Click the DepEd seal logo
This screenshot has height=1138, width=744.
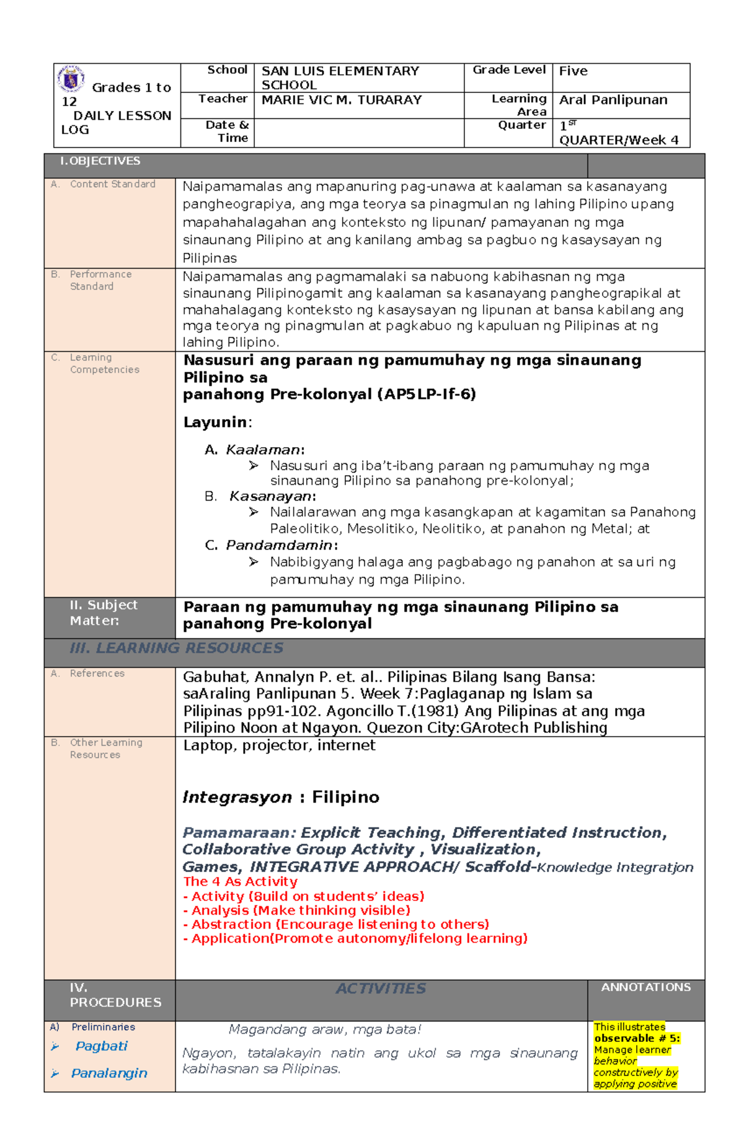click(71, 79)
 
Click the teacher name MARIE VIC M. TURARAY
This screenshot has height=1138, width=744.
click(341, 100)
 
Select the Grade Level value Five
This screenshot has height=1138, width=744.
click(573, 71)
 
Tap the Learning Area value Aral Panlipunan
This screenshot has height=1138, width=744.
click(613, 100)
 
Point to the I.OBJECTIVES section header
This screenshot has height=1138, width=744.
click(100, 161)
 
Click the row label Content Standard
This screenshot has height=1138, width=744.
click(112, 184)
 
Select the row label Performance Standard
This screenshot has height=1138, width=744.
click(100, 280)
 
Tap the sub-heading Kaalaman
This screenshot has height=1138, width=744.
click(263, 450)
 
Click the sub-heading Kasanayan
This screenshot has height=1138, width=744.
click(270, 496)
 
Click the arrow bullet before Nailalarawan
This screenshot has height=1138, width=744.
click(254, 512)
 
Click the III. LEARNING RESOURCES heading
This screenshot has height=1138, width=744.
click(176, 648)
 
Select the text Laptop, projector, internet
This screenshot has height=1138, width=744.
click(279, 745)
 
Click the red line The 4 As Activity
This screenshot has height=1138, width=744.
click(240, 881)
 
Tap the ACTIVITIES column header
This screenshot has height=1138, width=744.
click(381, 989)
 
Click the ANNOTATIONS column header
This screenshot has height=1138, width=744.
click(645, 987)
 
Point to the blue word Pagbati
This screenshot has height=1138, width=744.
click(101, 1046)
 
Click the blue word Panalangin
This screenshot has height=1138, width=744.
click(109, 1074)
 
